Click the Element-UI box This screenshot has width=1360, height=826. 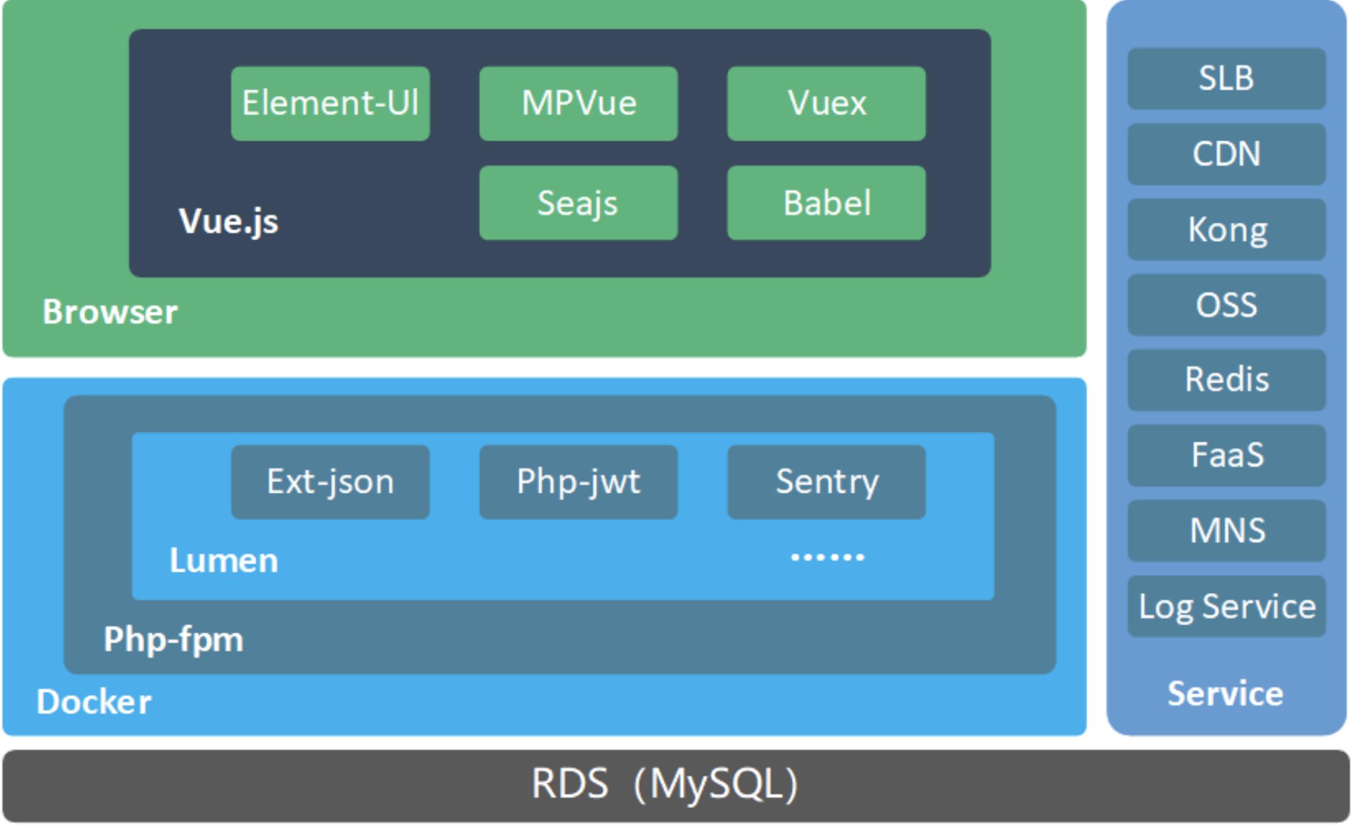pyautogui.click(x=331, y=104)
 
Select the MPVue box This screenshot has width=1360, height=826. pyautogui.click(x=579, y=104)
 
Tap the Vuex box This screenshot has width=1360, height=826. pyautogui.click(x=826, y=104)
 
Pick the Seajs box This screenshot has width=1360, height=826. pyautogui.click(x=579, y=203)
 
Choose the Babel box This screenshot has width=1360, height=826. pyautogui.click(x=826, y=203)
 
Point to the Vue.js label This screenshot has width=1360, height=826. pyautogui.click(x=228, y=222)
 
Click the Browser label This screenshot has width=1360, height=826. pyautogui.click(x=110, y=311)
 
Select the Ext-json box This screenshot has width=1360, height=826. pyautogui.click(x=331, y=482)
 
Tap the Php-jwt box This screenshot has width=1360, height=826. pyautogui.click(x=579, y=482)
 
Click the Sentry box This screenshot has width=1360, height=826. pyautogui.click(x=826, y=482)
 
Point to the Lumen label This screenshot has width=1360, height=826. pyautogui.click(x=224, y=560)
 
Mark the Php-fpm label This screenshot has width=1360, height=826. pyautogui.click(x=173, y=639)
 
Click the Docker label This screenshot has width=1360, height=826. pyautogui.click(x=94, y=701)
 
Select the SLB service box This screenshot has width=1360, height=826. pyautogui.click(x=1227, y=78)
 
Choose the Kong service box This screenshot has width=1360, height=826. pyautogui.click(x=1227, y=229)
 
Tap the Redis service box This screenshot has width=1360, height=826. pyautogui.click(x=1227, y=380)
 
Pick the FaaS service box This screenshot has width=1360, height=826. pyautogui.click(x=1227, y=455)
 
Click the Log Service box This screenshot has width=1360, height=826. pyautogui.click(x=1227, y=606)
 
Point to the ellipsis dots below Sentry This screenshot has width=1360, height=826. pyautogui.click(x=827, y=557)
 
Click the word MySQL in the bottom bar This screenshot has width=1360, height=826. pyautogui.click(x=716, y=784)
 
